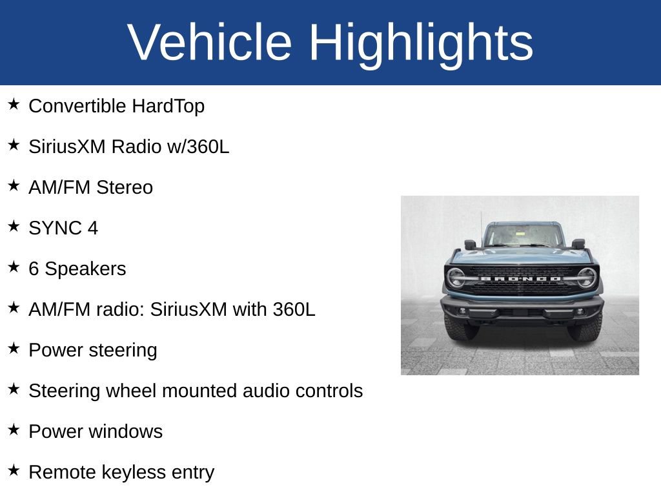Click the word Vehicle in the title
click(210, 43)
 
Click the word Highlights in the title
click(421, 43)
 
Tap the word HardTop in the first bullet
click(168, 106)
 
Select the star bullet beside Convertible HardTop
click(14, 104)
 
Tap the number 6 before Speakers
click(34, 269)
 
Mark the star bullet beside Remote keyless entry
click(14, 470)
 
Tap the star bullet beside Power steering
click(14, 348)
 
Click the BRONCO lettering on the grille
click(520, 278)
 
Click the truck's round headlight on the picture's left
click(456, 277)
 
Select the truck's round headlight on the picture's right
click(586, 277)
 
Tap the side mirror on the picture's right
click(578, 243)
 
